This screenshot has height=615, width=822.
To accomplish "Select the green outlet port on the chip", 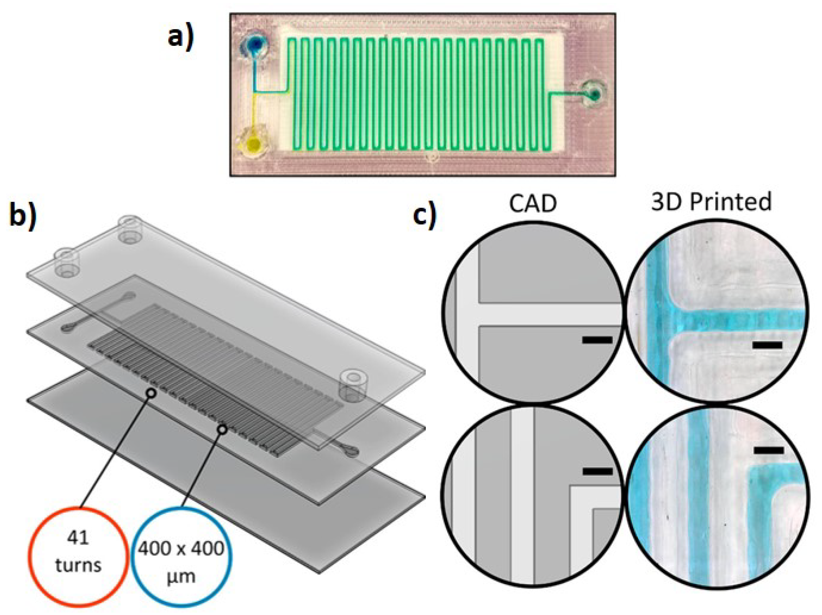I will (x=595, y=95).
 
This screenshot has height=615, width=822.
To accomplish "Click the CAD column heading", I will (x=533, y=204).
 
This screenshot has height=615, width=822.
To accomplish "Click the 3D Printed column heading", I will (x=711, y=202).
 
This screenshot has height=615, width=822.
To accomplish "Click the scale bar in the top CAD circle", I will (x=597, y=339).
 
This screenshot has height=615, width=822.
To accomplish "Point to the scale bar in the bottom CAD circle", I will (x=597, y=472).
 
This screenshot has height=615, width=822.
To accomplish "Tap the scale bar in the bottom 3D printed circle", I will (x=769, y=451).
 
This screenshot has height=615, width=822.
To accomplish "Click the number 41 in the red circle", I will (x=78, y=538).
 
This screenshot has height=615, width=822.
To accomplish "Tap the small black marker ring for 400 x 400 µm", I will (x=222, y=429).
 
